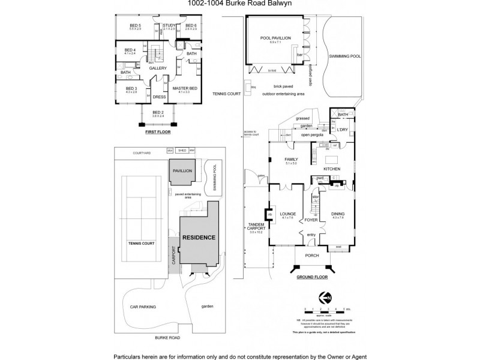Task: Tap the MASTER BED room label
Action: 185,88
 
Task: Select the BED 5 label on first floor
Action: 134,25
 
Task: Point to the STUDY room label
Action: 169,25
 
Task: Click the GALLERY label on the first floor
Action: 157,68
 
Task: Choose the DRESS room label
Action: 159,97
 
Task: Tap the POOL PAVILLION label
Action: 275,38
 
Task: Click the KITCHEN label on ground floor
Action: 332,169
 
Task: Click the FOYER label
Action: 311,220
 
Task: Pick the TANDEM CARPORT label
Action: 256,226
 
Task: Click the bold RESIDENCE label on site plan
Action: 199,238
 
